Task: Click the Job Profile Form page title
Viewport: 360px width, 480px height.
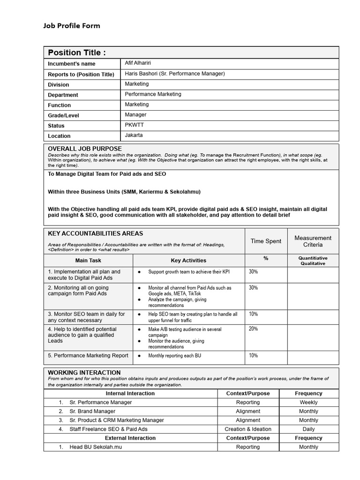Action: pyautogui.click(x=72, y=26)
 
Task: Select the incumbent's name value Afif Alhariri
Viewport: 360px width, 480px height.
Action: pyautogui.click(x=138, y=63)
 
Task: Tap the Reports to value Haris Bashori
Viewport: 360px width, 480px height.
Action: pyautogui.click(x=175, y=74)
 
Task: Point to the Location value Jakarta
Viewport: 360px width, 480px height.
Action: pyautogui.click(x=134, y=135)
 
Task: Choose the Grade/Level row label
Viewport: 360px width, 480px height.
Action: pyautogui.click(x=63, y=115)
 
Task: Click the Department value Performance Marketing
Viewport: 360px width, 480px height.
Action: pyautogui.click(x=153, y=94)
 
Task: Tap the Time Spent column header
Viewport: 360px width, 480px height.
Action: pyautogui.click(x=266, y=241)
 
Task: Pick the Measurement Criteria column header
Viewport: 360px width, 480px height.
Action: pyautogui.click(x=313, y=241)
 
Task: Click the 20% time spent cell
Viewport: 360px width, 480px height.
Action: pyautogui.click(x=253, y=329)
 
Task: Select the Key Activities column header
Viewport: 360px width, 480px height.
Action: pyautogui.click(x=188, y=260)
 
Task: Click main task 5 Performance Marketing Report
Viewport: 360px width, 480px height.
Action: pyautogui.click(x=88, y=355)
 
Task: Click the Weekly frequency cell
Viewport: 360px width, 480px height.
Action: pyautogui.click(x=308, y=402)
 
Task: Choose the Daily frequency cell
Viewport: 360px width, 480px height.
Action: pyautogui.click(x=308, y=429)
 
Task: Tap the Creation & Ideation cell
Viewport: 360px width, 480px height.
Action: pyautogui.click(x=248, y=429)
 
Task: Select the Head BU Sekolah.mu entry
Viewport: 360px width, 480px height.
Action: pyautogui.click(x=96, y=447)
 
